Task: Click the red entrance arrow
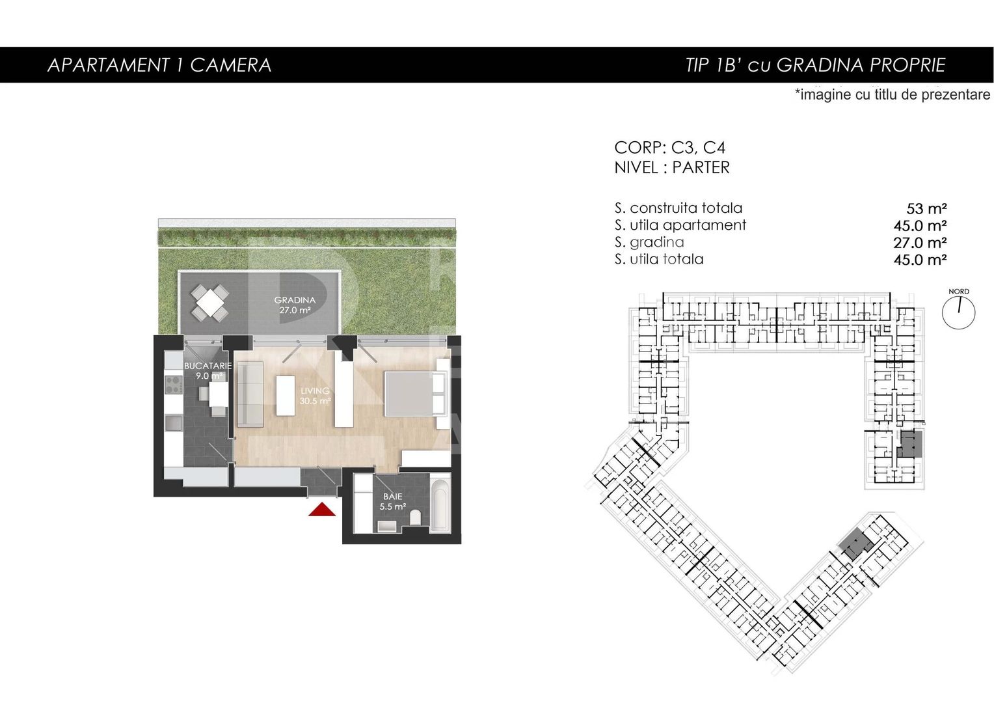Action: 322,510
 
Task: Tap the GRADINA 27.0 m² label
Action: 295,305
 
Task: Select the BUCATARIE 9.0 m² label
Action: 208,371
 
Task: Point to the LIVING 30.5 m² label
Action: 315,396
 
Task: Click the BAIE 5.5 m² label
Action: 393,501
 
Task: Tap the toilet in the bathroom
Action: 415,517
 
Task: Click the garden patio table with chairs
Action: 210,303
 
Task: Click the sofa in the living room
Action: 250,394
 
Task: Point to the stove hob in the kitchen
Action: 174,385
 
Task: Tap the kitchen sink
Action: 174,422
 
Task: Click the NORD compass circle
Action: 958,312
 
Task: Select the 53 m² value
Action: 926,208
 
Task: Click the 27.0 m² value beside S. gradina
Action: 920,243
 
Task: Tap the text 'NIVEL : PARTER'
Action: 672,167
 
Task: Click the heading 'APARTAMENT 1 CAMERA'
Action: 159,65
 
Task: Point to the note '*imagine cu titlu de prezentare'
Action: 893,94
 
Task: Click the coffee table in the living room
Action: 286,396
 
